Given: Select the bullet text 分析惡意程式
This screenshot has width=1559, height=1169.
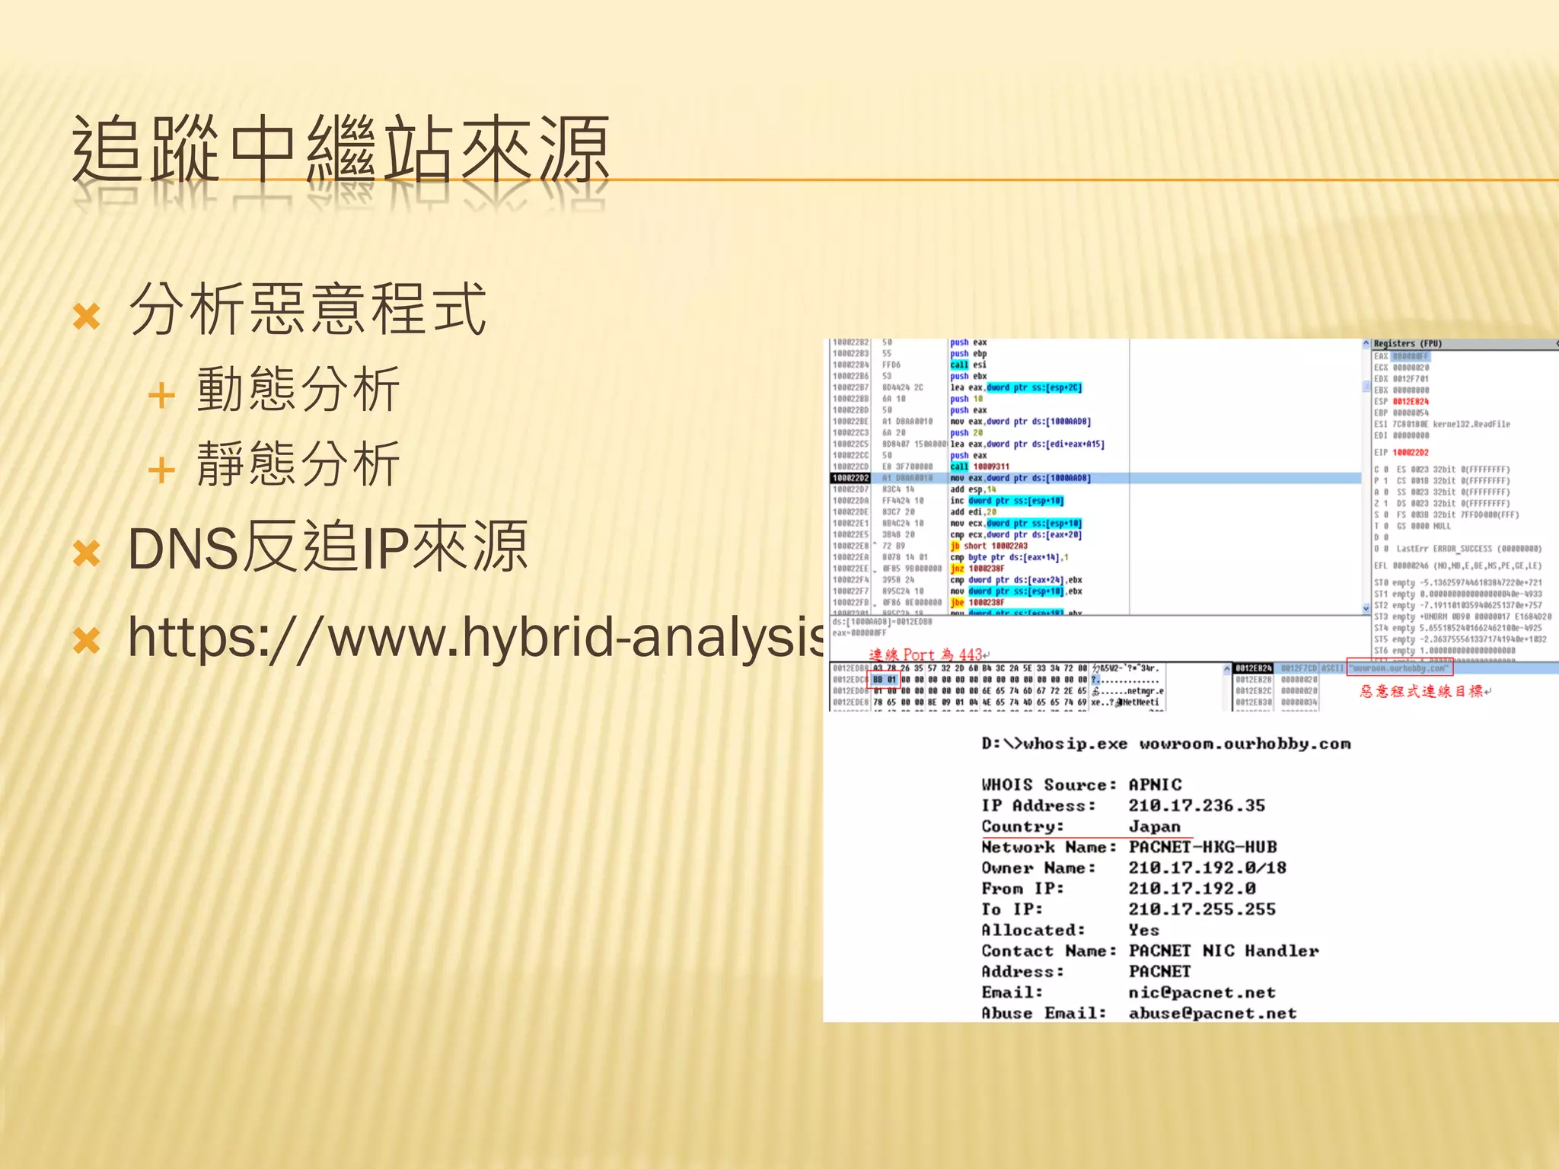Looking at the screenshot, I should click(x=308, y=309).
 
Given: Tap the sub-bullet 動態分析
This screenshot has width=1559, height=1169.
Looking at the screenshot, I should click(x=298, y=390).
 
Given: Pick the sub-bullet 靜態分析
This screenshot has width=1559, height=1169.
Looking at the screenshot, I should click(x=298, y=463).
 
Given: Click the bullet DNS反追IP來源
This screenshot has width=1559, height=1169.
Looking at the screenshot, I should click(x=327, y=547).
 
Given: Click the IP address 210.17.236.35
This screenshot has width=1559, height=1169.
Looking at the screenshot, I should click(x=1196, y=805).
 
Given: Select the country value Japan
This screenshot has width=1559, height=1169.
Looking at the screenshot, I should click(x=1154, y=827).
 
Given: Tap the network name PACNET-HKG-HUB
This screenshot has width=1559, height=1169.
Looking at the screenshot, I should click(x=1202, y=847).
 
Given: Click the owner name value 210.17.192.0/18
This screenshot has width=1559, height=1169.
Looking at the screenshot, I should click(x=1207, y=868).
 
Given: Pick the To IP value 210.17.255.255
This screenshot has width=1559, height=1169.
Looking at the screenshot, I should click(x=1201, y=909).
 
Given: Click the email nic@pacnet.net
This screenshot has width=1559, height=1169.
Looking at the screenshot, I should click(x=1201, y=992).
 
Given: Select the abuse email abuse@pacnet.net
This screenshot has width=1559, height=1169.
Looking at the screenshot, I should click(x=1212, y=1013).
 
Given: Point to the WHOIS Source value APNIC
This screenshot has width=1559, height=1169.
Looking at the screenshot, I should click(x=1155, y=785).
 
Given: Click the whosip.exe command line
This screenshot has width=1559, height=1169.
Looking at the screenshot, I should click(x=1165, y=744).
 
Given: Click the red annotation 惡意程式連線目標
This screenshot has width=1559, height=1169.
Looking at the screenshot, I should click(x=1422, y=691).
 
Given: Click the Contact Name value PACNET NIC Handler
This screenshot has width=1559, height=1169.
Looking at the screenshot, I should click(x=1223, y=951).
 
